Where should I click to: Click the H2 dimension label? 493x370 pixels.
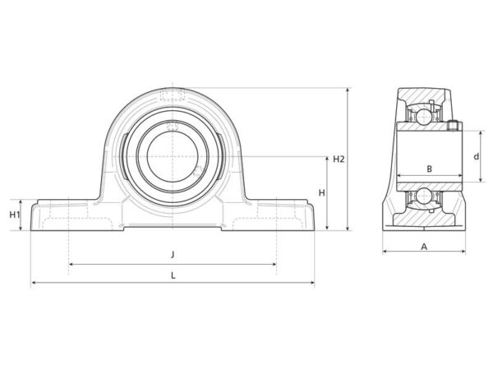pos(339,160)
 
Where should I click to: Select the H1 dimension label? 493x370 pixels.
pos(15,215)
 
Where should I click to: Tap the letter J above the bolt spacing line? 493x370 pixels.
pos(173,254)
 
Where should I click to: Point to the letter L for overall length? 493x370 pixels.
pos(173,275)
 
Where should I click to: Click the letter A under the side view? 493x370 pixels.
pos(424,247)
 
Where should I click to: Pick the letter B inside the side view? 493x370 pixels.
pos(429,169)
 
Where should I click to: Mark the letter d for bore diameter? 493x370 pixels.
pos(477,156)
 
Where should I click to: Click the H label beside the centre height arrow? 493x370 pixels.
pos(321,193)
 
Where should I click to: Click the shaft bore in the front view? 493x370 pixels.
pos(173,156)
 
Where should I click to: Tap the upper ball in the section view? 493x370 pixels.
pos(424,117)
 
